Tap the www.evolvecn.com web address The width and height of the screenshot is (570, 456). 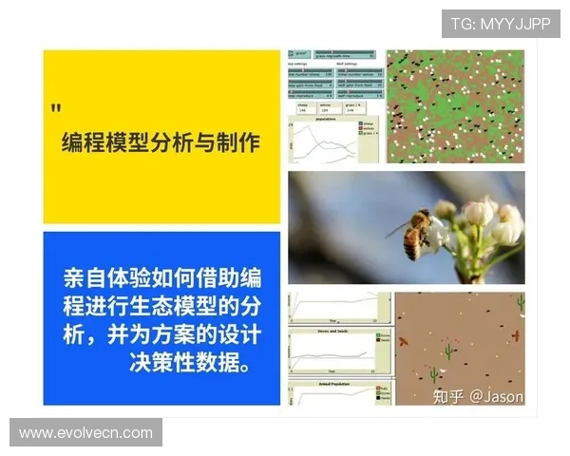85,432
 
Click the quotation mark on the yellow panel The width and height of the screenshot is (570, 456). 56,107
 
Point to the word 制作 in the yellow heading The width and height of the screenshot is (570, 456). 238,142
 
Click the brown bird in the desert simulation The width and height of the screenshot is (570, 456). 403,341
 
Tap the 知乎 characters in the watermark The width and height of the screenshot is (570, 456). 450,395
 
